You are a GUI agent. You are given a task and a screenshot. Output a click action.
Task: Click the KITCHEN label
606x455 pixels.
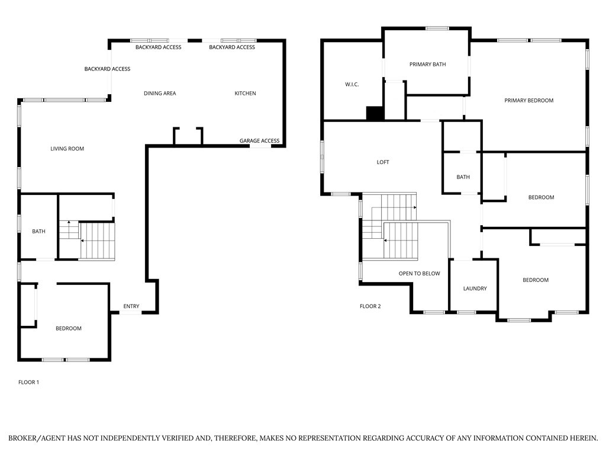[x=245, y=94]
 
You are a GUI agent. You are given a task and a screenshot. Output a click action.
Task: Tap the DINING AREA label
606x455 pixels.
[x=160, y=94]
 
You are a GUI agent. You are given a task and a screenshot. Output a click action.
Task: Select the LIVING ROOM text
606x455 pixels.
[x=67, y=149]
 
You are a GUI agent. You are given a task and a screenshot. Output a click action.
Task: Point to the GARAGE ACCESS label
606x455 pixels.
[x=259, y=141]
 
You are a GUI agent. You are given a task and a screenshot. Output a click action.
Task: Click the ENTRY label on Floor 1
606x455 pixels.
[x=131, y=306]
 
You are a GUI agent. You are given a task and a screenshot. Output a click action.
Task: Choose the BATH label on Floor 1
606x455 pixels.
[x=38, y=232]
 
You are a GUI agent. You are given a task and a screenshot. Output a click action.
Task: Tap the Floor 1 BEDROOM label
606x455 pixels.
[x=69, y=328]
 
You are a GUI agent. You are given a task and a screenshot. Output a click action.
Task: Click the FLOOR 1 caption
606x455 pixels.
[x=29, y=382]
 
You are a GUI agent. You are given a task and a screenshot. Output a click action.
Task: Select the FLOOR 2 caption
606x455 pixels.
[x=370, y=306]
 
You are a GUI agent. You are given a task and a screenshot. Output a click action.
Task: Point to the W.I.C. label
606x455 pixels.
[x=352, y=85]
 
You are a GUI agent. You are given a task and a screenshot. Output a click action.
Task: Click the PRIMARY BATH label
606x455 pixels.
[x=427, y=65]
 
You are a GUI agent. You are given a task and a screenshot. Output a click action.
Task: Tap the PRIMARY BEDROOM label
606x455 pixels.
[x=528, y=101]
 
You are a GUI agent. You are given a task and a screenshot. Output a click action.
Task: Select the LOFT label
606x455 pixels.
[x=383, y=162]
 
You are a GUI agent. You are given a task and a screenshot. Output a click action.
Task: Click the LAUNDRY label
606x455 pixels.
[x=475, y=289]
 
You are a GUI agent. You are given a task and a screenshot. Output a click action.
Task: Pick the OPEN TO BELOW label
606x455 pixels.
[x=419, y=274]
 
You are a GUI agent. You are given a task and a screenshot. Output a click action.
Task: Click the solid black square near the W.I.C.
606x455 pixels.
[x=375, y=113]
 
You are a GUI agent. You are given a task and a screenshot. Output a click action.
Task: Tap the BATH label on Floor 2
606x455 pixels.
[x=463, y=177]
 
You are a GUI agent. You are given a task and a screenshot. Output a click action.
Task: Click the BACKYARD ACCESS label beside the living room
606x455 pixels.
[x=107, y=69]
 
